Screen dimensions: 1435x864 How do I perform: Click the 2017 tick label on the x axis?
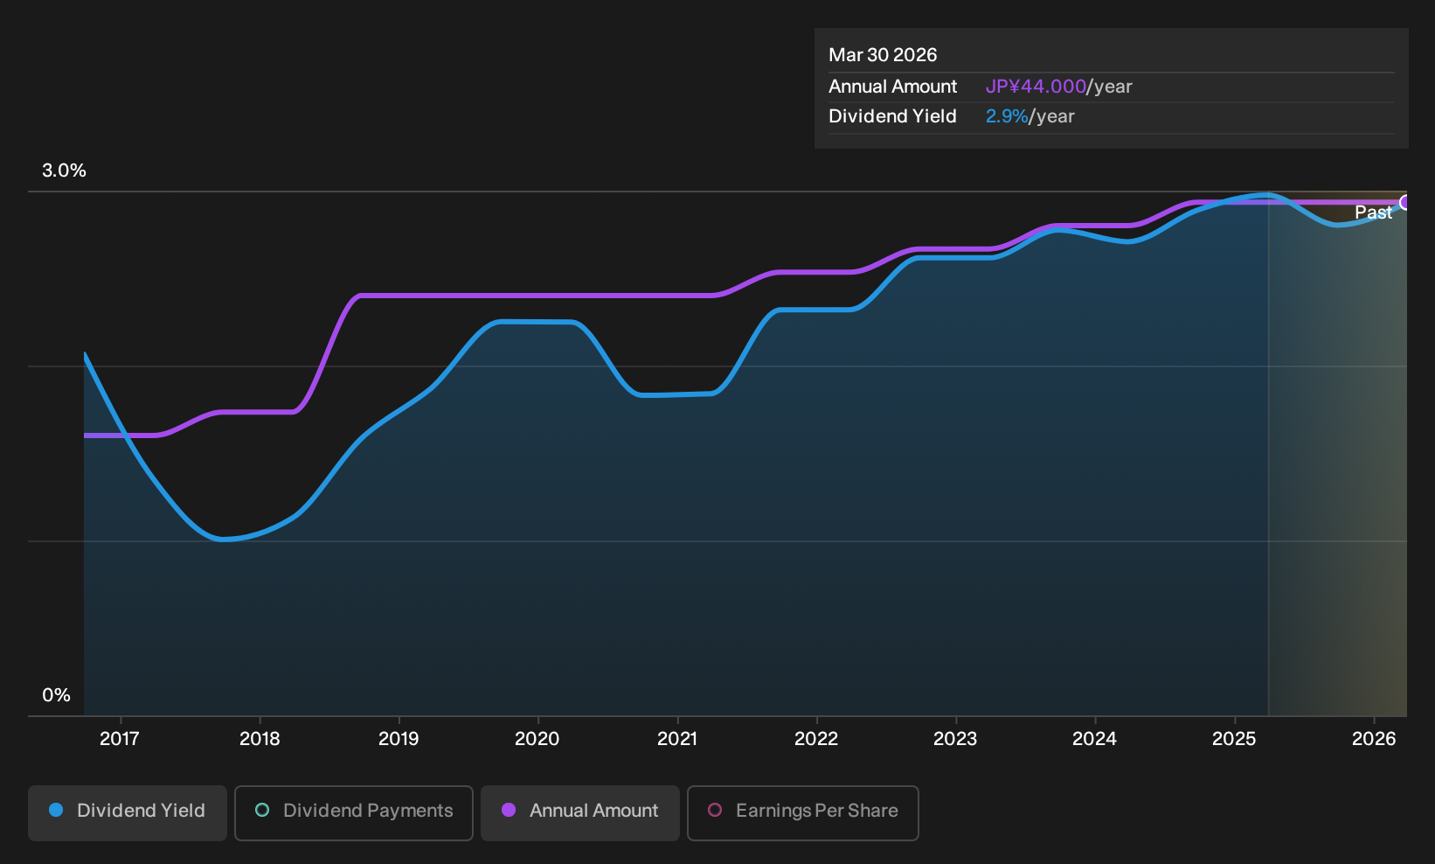120,739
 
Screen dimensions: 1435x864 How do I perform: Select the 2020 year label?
537,739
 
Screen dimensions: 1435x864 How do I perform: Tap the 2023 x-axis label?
955,739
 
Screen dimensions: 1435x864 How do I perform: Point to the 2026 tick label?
1374,739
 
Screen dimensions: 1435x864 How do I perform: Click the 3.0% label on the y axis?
64,171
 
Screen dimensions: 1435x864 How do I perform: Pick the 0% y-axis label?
57,695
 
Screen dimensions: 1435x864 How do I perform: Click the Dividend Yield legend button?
128,812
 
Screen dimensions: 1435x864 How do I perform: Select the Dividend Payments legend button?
354,812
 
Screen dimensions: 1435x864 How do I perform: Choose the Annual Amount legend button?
579,812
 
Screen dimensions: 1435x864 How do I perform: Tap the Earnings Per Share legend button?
802,812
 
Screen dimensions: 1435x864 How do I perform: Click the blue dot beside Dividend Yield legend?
57,810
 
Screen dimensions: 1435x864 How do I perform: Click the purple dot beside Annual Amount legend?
509,810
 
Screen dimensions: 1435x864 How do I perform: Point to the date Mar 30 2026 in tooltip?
883,55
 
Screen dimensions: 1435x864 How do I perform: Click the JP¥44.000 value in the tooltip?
1036,87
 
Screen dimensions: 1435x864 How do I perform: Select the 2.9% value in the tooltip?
1007,116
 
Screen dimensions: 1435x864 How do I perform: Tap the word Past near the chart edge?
1374,213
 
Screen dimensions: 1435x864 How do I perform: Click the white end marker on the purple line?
1405,203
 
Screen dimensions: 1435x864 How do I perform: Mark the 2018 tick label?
260,739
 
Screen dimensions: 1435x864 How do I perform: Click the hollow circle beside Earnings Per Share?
715,810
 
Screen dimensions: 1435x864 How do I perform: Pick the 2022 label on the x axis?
816,739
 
